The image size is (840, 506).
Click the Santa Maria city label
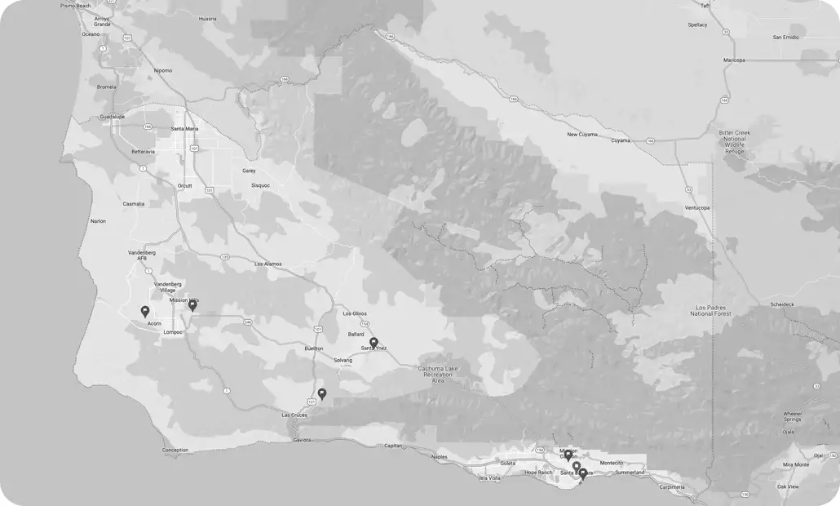(184, 128)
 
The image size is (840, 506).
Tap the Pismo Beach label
(77, 5)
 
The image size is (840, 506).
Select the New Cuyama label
(583, 135)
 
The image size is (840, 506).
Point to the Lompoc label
(173, 332)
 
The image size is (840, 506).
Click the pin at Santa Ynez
(374, 343)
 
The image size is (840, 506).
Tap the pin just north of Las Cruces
(322, 393)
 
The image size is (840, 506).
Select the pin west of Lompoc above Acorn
(145, 311)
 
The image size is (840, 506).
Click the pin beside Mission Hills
(192, 305)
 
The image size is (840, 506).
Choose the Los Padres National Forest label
(710, 310)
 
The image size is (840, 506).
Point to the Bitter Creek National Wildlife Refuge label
(735, 142)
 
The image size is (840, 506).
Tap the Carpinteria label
(679, 487)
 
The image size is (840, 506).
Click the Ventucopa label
(696, 207)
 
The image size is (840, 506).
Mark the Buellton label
(314, 348)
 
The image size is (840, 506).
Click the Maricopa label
(734, 60)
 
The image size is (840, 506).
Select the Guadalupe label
(113, 117)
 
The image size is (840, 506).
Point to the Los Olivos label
(354, 313)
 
